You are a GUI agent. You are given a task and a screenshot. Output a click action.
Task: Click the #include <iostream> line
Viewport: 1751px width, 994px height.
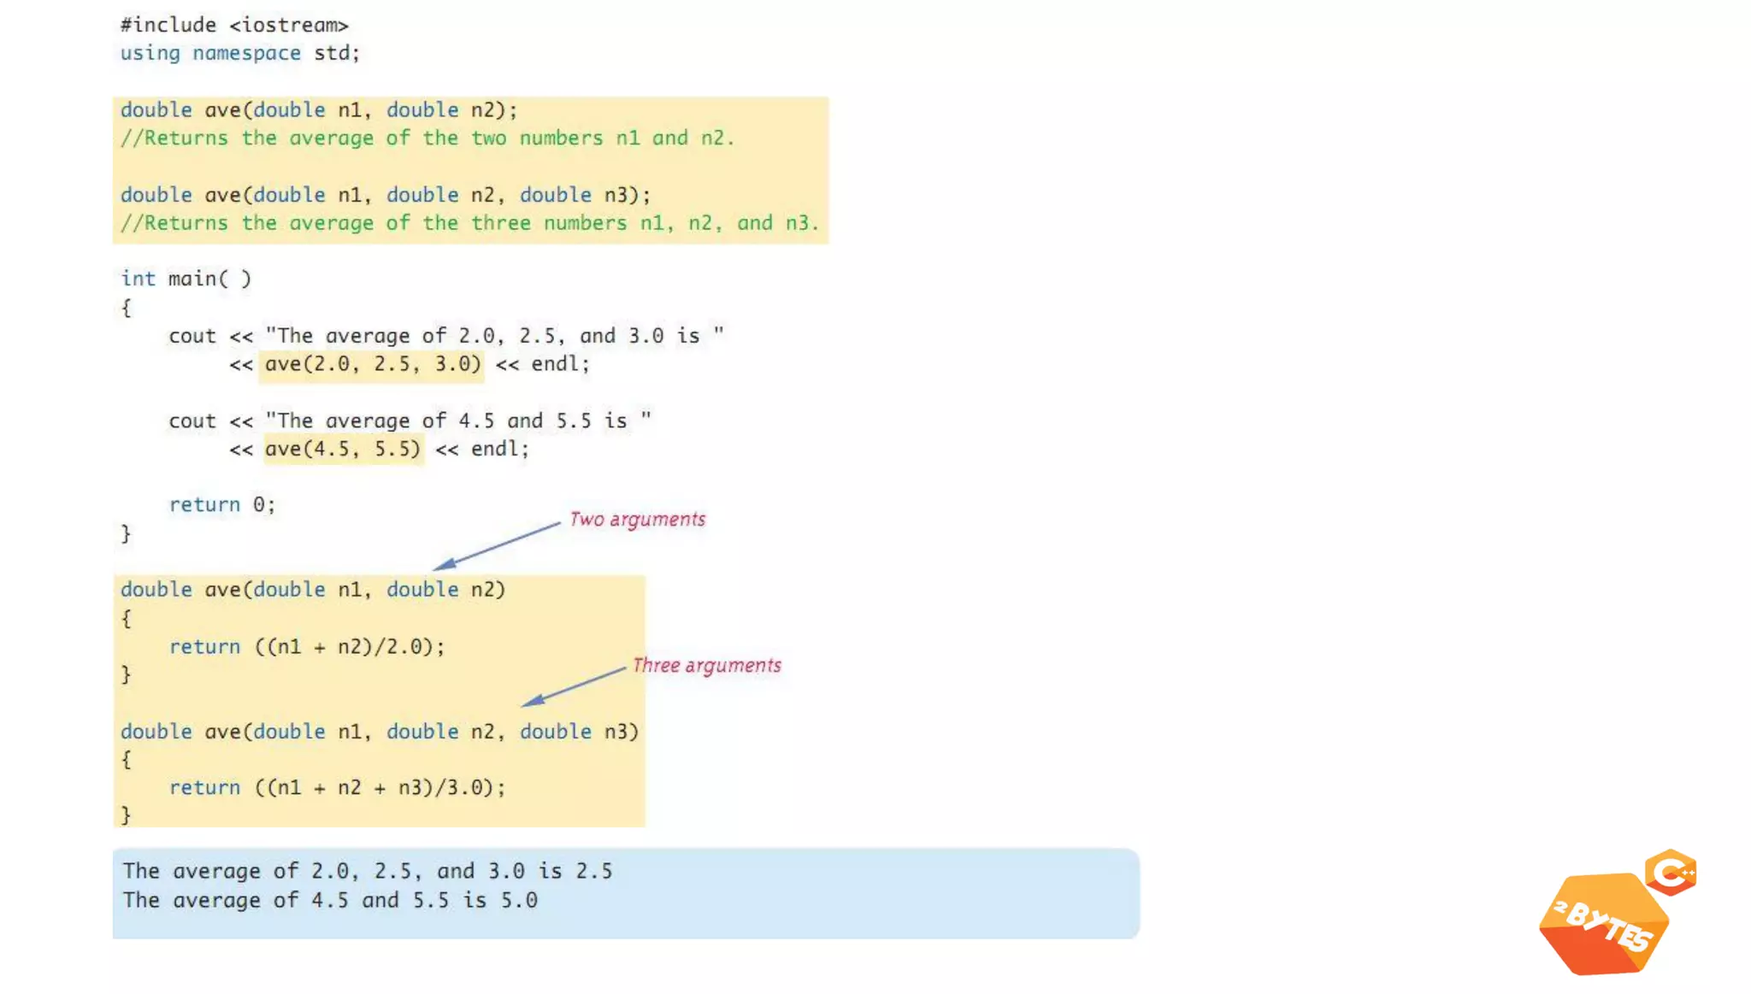click(x=234, y=25)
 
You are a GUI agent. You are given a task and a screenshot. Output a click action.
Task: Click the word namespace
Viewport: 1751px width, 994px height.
click(x=246, y=53)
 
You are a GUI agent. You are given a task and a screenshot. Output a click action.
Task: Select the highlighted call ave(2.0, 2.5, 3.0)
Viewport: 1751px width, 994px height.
click(x=372, y=364)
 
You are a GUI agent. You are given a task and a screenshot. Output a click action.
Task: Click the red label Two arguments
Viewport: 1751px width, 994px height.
click(x=638, y=520)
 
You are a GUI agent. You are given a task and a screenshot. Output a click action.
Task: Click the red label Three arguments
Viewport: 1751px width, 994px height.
click(x=707, y=666)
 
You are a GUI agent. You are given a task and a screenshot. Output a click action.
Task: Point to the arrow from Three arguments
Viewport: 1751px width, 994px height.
click(x=573, y=686)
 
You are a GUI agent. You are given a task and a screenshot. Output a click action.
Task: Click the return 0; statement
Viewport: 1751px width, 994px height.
click(x=221, y=505)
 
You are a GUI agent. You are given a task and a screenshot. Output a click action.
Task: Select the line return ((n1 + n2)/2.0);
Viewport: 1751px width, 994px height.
click(x=307, y=647)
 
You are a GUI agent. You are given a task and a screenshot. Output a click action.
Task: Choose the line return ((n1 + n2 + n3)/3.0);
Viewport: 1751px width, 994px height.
click(x=337, y=788)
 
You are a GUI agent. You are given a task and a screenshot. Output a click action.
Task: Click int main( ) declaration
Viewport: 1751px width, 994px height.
click(x=186, y=279)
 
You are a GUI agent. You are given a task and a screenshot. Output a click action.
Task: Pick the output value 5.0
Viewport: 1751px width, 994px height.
click(x=519, y=901)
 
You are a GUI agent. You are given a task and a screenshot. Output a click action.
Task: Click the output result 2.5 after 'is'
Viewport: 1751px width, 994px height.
click(x=594, y=872)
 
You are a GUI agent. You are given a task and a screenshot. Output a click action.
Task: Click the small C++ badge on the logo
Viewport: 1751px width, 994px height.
click(x=1671, y=873)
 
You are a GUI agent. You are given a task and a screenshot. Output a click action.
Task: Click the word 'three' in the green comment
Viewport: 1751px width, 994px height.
click(x=501, y=223)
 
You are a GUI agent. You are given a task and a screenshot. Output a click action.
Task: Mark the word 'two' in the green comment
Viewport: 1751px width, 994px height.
click(x=488, y=138)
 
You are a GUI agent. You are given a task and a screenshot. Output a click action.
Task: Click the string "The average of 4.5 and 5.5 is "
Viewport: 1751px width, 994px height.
click(x=458, y=421)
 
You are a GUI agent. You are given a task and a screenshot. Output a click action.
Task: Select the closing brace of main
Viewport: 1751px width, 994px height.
click(x=126, y=534)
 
